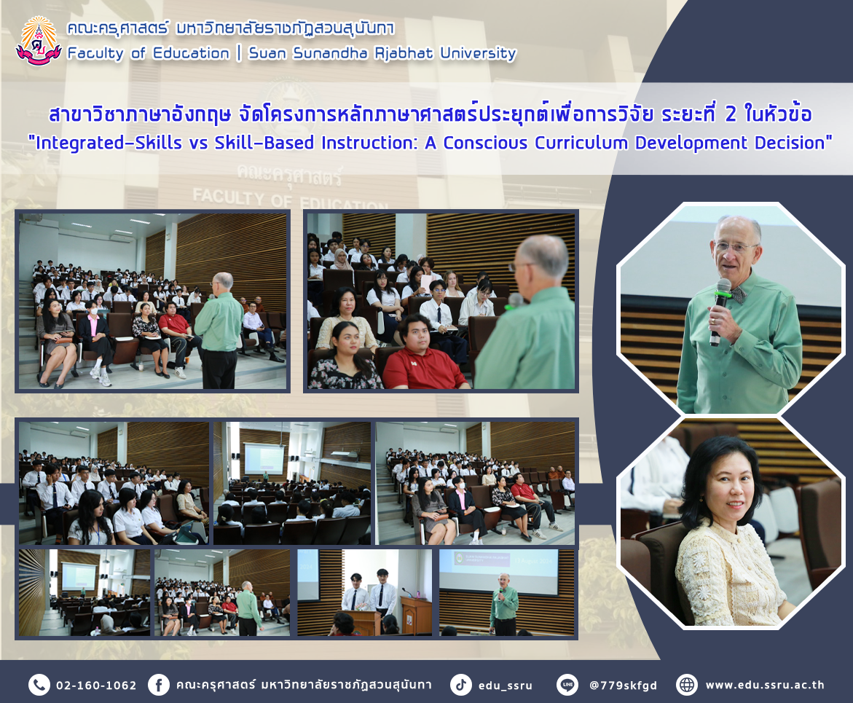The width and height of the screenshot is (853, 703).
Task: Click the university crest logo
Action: coord(39,41)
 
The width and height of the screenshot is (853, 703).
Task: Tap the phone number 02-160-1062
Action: coord(96,685)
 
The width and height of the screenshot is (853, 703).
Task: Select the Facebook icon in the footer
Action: coord(158,685)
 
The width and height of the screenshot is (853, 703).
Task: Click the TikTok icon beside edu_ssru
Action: coord(461,685)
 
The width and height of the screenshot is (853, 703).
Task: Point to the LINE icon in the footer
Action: coord(567,685)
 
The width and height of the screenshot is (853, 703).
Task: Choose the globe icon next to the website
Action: coord(686,685)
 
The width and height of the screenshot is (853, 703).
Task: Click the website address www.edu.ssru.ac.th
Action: coord(765,685)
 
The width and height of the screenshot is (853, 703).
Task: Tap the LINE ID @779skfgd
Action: coord(623,685)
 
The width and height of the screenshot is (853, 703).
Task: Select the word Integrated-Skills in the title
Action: coord(109,143)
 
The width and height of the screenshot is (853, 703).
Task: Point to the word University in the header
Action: coord(478,53)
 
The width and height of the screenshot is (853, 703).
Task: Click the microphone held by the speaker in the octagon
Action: coord(720,311)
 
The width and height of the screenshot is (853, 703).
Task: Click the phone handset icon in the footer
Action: coord(39,685)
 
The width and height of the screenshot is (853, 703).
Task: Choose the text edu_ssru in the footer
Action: coord(506,686)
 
